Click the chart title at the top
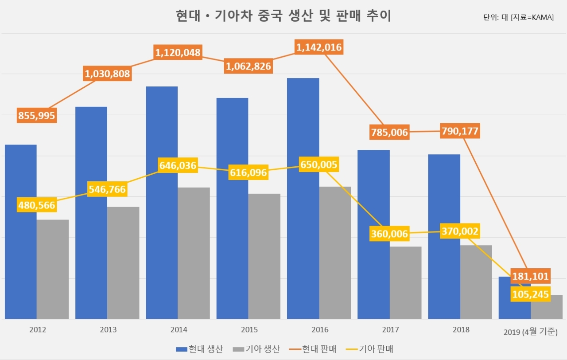(283, 16)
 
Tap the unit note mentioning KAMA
(518, 17)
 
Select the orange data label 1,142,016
(319, 47)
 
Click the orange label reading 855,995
(37, 116)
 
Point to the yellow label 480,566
(37, 205)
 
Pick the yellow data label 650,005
(319, 164)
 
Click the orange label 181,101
(531, 276)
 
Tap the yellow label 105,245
(531, 294)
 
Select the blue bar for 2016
(303, 198)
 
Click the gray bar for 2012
(53, 269)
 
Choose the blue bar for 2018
(444, 237)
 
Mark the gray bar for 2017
(405, 283)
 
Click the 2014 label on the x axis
(179, 329)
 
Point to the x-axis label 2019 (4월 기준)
(531, 332)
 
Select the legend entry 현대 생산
(199, 349)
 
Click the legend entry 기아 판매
(369, 349)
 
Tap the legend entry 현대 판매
(313, 349)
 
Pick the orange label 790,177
(460, 131)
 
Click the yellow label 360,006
(389, 234)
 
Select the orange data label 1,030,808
(107, 74)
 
